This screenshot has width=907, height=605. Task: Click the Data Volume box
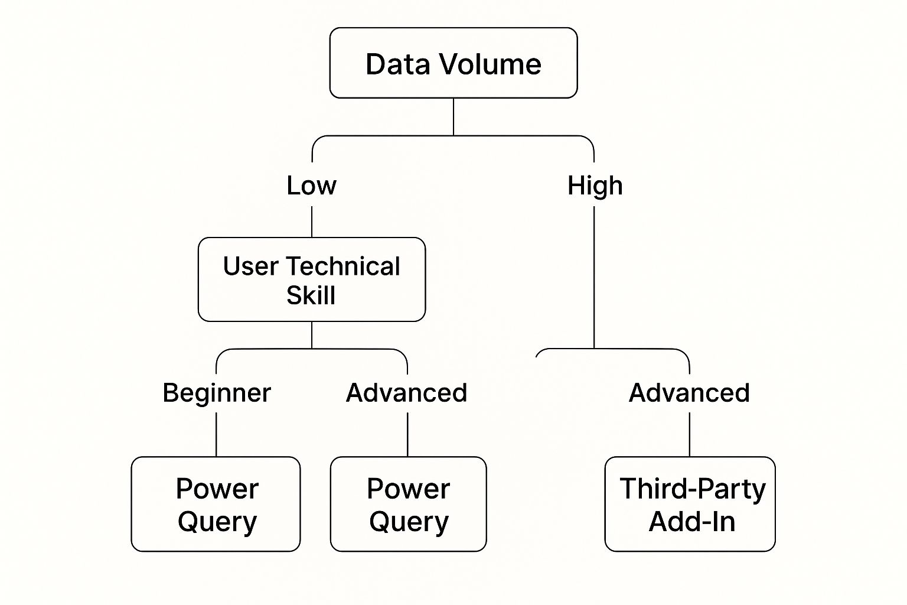(x=453, y=63)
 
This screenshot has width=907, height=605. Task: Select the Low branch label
(x=311, y=186)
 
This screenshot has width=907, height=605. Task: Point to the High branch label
(x=595, y=186)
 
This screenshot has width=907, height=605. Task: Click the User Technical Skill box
(x=311, y=279)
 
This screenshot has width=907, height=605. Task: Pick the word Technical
(x=344, y=266)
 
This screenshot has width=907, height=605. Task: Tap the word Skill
(x=311, y=295)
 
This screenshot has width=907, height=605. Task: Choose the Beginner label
(x=217, y=393)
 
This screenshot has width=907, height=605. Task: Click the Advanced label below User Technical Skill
(x=406, y=393)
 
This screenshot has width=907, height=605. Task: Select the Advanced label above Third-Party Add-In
(x=689, y=393)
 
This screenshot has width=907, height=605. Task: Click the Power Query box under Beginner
(x=216, y=504)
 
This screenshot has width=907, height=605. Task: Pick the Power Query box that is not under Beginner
(x=408, y=504)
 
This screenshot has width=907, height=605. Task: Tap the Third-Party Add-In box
(x=690, y=504)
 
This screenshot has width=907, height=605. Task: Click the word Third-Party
(x=692, y=489)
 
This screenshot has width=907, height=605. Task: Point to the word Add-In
(x=692, y=522)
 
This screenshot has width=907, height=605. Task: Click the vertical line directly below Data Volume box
(x=453, y=116)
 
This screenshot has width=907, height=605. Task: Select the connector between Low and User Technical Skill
(x=312, y=222)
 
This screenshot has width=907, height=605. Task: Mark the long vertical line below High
(x=594, y=278)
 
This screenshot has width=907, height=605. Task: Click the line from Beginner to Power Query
(x=216, y=434)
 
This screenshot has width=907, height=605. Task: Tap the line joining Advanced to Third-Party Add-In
(x=690, y=434)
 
